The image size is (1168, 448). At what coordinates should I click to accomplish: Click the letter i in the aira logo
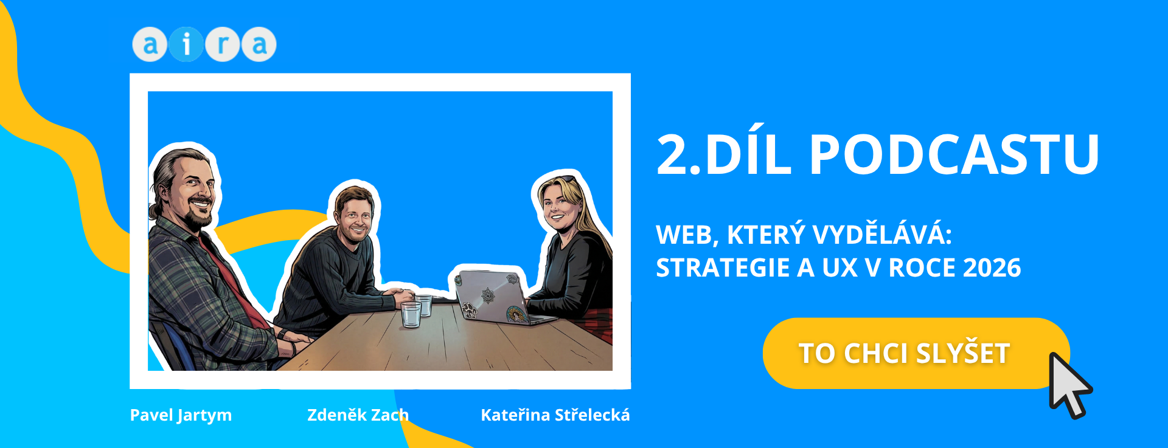click(186, 44)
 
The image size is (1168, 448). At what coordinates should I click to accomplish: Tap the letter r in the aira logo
click(223, 44)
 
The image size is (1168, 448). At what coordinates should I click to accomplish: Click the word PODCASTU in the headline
click(954, 154)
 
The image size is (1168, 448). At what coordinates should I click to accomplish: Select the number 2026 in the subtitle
click(992, 267)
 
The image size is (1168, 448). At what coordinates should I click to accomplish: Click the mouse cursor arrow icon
click(1070, 385)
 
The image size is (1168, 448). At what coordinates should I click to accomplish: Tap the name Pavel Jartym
click(181, 415)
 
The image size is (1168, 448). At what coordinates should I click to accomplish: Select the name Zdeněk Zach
click(358, 415)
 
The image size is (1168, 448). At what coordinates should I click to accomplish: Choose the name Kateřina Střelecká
click(555, 415)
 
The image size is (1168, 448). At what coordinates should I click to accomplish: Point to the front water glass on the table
click(411, 314)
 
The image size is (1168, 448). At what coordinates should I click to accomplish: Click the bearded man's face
click(190, 188)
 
